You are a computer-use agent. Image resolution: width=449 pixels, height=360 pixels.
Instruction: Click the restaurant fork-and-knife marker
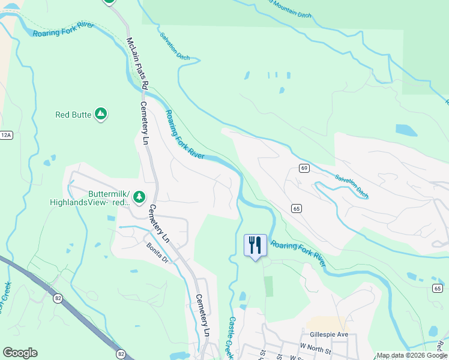(255, 245)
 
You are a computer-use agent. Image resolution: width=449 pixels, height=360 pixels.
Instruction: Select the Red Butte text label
(72, 115)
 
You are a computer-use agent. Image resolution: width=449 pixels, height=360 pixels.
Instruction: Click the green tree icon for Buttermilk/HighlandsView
(139, 197)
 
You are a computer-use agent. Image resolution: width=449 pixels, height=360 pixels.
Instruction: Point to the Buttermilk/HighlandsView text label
(90, 199)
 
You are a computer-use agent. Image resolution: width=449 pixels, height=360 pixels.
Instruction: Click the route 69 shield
(304, 169)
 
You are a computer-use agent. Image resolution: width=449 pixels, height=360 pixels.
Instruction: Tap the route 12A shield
(6, 136)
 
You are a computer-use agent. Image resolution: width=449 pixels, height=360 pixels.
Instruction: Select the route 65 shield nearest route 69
(297, 208)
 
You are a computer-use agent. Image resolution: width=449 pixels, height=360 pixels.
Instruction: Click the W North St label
(316, 347)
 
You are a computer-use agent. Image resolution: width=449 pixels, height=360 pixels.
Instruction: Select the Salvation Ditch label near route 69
(352, 187)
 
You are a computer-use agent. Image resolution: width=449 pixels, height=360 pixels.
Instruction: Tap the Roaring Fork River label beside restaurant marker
(298, 253)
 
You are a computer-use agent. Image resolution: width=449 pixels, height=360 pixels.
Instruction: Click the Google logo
(20, 353)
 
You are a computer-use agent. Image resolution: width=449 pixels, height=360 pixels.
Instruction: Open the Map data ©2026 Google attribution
(411, 355)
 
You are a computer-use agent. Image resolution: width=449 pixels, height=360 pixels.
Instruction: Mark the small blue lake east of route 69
(406, 130)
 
